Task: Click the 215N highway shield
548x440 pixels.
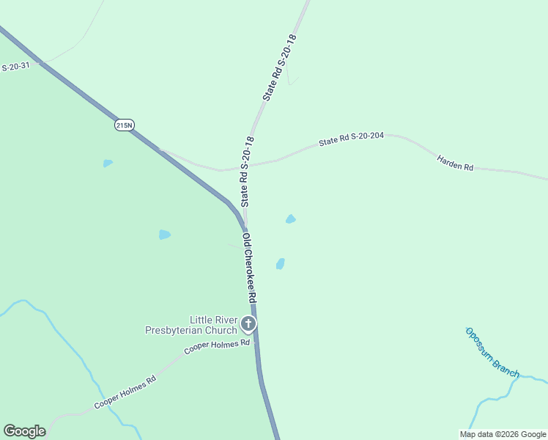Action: (x=125, y=125)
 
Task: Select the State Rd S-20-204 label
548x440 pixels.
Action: (x=352, y=139)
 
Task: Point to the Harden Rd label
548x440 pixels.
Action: (x=455, y=163)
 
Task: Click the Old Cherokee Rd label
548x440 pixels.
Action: (x=249, y=268)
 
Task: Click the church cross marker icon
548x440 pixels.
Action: (x=249, y=323)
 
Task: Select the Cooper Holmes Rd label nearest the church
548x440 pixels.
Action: (x=217, y=347)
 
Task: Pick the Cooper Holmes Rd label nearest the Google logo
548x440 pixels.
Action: (x=125, y=393)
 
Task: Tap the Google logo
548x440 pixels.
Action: (x=24, y=431)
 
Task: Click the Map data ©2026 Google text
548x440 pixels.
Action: (x=503, y=434)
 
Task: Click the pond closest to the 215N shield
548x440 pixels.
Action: (x=108, y=163)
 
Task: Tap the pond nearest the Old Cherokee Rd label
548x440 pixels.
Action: (x=280, y=263)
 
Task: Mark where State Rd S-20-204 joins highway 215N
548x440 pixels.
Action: (x=161, y=150)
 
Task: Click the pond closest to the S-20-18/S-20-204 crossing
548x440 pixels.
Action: (x=291, y=219)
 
